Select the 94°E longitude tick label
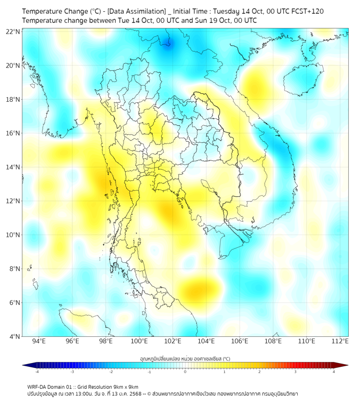pyautogui.click(x=39, y=341)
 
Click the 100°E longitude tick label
pyautogui.click(x=139, y=341)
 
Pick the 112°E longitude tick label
pyautogui.click(x=340, y=341)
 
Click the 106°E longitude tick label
pyautogui.click(x=240, y=341)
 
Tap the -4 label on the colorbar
pyautogui.click(x=36, y=372)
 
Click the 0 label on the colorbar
pyautogui.click(x=185, y=372)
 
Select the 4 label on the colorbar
pyautogui.click(x=333, y=372)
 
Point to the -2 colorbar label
pyautogui.click(x=111, y=372)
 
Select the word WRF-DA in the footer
pyautogui.click(x=37, y=386)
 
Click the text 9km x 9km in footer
pyautogui.click(x=125, y=386)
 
